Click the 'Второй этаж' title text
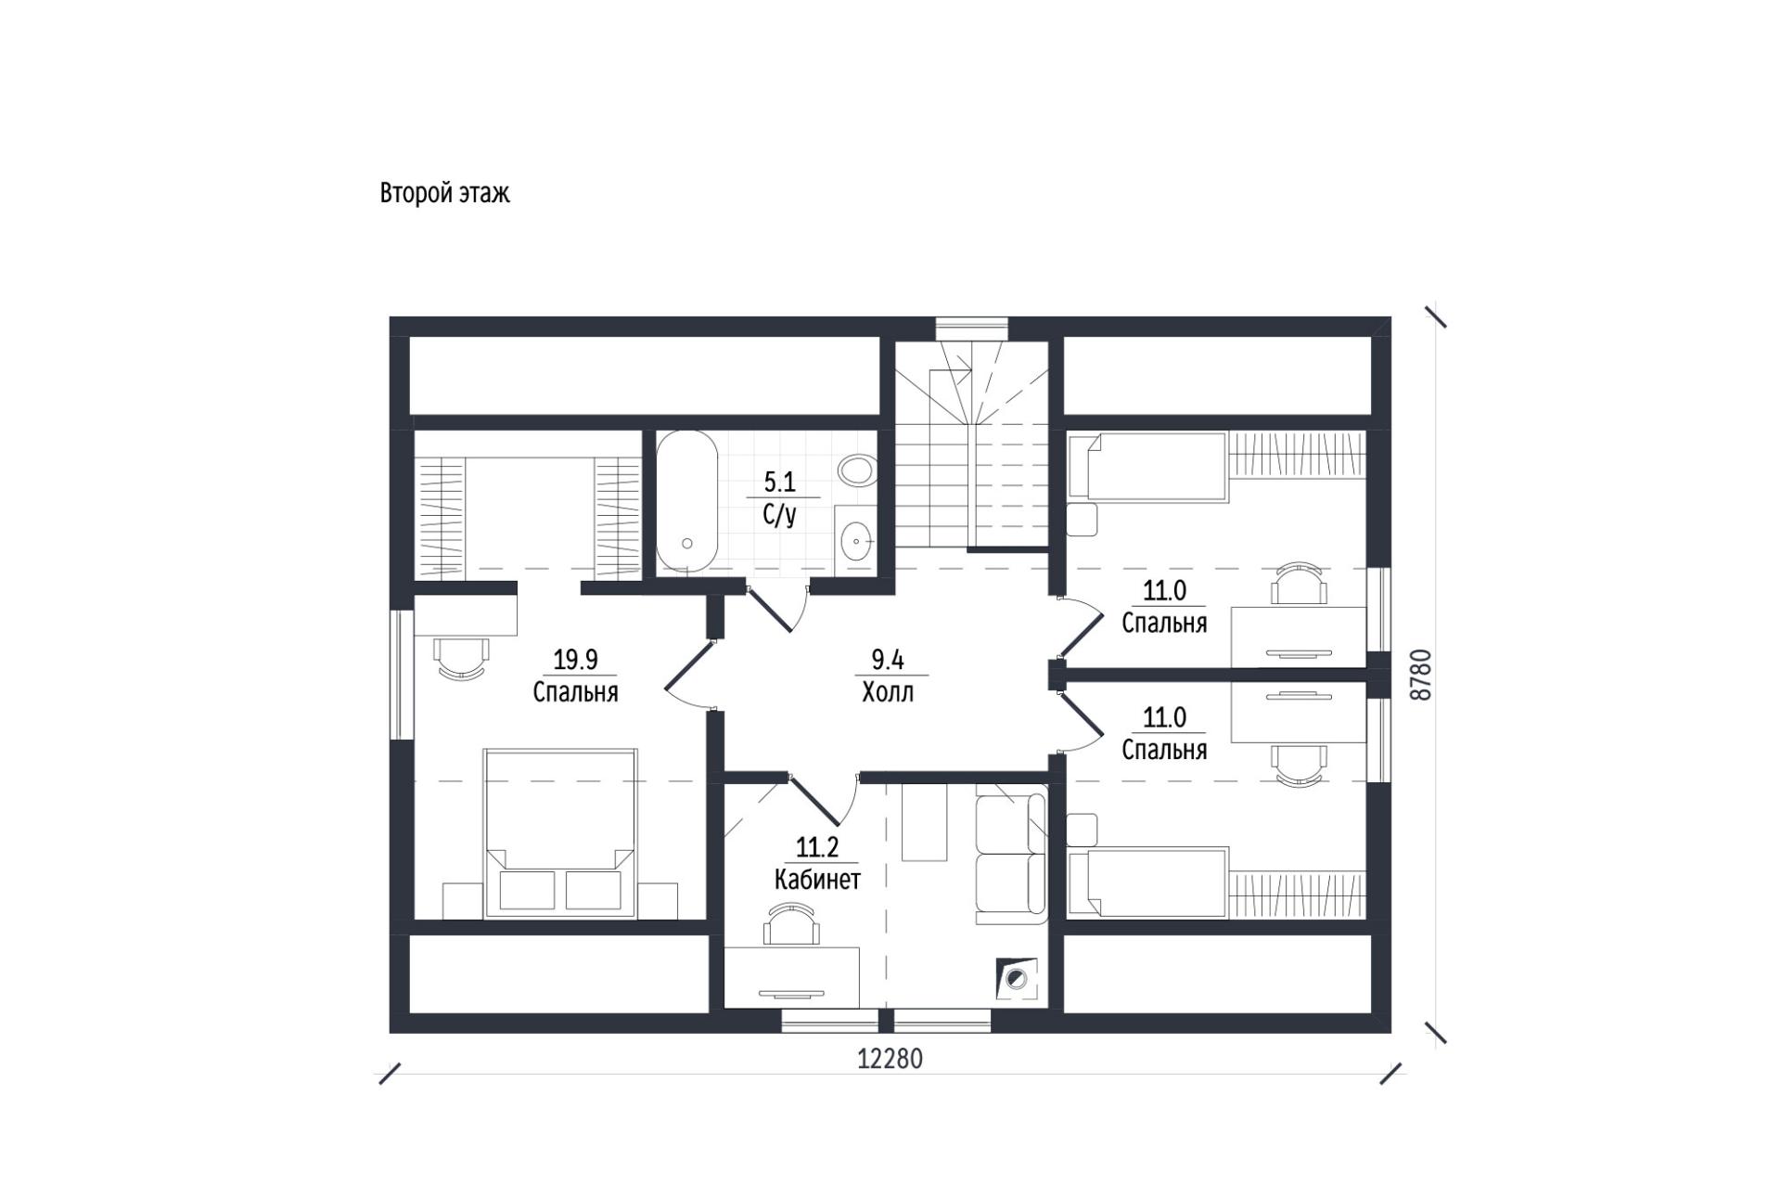pos(444,193)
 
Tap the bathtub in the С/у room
pos(686,501)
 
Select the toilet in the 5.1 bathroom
pos(856,470)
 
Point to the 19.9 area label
pos(575,660)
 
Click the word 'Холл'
pos(888,692)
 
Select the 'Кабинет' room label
pos(817,879)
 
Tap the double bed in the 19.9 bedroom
pos(559,833)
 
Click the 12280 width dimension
pos(890,1059)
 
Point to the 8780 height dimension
pos(1420,675)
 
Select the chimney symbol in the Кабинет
pos(1017,978)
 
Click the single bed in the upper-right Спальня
pos(1148,468)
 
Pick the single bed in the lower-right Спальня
pos(1148,882)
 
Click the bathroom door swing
pos(777,608)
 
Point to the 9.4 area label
pos(888,660)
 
